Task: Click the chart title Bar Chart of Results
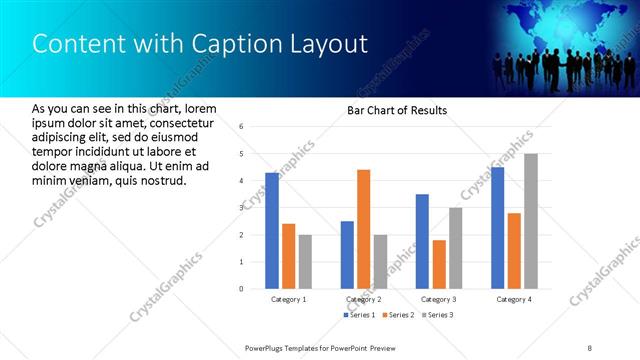(396, 110)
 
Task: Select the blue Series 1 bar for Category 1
(272, 231)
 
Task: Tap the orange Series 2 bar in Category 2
(363, 229)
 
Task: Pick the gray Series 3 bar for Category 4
(531, 221)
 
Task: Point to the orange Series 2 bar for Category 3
(439, 264)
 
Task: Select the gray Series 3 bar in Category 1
(305, 262)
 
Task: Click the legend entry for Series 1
(361, 315)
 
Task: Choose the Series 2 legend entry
(397, 315)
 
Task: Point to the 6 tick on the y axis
(241, 127)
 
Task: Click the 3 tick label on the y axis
(241, 208)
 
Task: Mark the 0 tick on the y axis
(241, 289)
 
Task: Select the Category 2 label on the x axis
(363, 299)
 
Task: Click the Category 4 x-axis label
(515, 299)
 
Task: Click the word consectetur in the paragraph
(180, 121)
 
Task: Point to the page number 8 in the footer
(590, 347)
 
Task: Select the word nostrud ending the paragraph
(163, 180)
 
